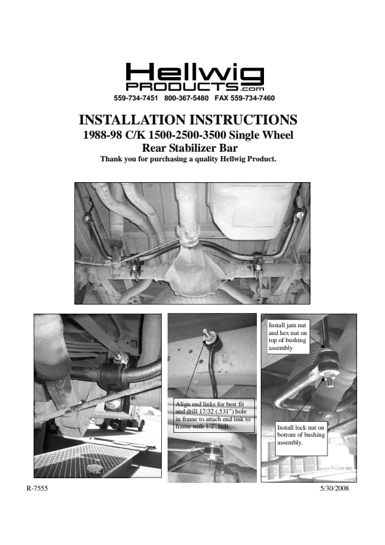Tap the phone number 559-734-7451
click(x=136, y=98)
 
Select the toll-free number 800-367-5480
click(x=186, y=98)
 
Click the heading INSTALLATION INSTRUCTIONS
click(x=188, y=120)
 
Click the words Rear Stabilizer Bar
click(x=190, y=148)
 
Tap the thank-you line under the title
click(x=188, y=159)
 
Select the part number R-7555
click(x=37, y=489)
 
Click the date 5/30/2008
click(x=335, y=489)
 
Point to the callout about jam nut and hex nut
click(x=288, y=336)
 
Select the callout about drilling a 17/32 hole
click(x=213, y=415)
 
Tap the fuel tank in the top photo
click(x=250, y=210)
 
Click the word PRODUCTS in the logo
click(x=182, y=87)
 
